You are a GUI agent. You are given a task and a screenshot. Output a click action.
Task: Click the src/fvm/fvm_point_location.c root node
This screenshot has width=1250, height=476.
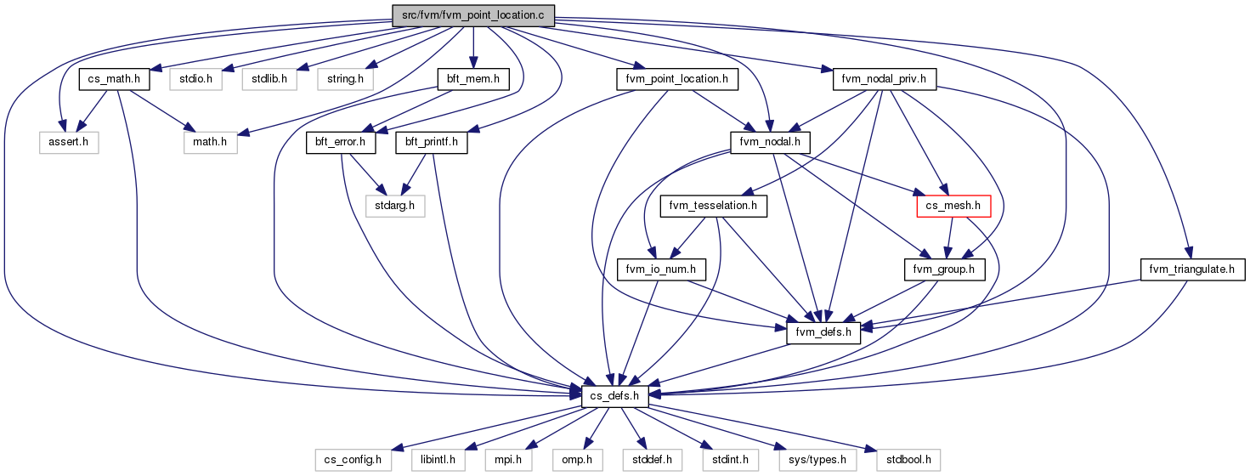473,15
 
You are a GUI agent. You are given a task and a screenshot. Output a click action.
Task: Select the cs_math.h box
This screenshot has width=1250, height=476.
115,79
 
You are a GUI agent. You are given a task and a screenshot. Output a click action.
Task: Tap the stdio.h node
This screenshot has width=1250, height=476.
196,79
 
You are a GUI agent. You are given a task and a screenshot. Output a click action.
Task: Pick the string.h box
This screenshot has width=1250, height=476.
345,79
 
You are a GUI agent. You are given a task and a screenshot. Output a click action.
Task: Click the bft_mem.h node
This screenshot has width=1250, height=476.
473,79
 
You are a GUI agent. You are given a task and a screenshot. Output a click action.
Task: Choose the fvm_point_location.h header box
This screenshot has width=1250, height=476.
677,79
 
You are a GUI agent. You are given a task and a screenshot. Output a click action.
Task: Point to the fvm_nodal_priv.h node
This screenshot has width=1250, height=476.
884,79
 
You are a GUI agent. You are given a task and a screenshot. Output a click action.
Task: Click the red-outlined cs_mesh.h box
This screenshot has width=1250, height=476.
953,206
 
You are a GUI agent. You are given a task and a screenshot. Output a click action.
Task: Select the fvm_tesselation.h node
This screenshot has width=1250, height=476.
713,206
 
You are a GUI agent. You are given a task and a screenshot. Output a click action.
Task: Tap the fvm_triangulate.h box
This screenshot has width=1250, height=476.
1192,269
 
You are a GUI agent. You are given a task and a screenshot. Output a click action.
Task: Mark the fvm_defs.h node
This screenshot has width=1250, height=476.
823,333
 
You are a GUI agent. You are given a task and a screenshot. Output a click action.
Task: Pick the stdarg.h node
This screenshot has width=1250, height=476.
394,206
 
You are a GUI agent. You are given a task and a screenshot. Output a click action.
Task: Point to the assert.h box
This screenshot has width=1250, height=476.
69,142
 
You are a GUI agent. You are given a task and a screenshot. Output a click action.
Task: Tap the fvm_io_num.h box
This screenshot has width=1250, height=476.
661,269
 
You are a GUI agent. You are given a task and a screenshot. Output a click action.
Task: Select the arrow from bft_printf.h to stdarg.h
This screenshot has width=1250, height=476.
414,174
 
